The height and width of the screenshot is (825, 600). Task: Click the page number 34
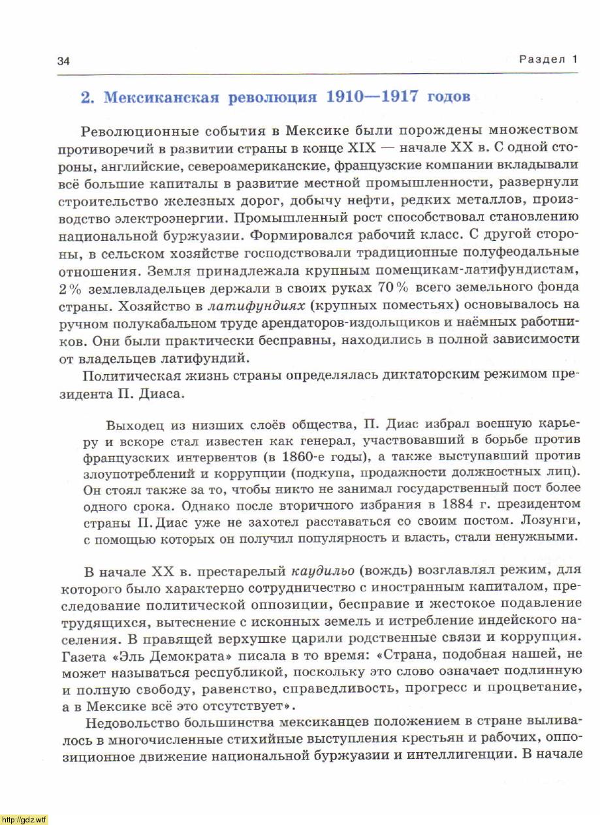[x=63, y=61]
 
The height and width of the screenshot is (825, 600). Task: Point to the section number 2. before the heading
[x=88, y=98]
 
